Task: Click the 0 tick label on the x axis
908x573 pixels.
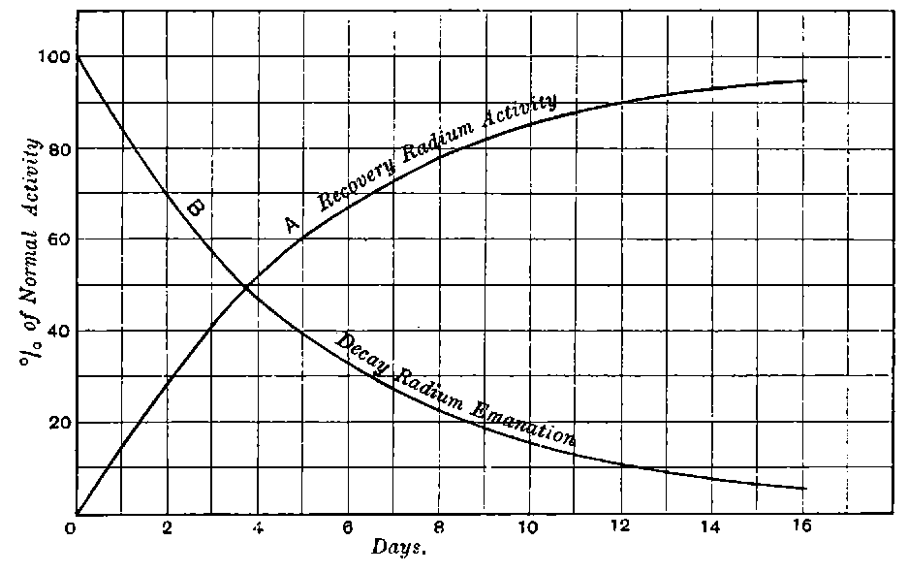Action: pyautogui.click(x=71, y=529)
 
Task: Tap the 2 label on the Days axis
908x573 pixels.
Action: pyautogui.click(x=167, y=529)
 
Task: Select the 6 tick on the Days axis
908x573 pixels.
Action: pyautogui.click(x=347, y=529)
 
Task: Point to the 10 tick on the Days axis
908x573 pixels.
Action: pyautogui.click(x=529, y=529)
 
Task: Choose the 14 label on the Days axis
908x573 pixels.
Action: pyautogui.click(x=711, y=529)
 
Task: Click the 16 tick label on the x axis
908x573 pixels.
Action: pyautogui.click(x=802, y=529)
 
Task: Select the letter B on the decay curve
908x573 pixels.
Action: pyautogui.click(x=196, y=207)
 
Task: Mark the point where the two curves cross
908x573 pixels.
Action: pyautogui.click(x=245, y=287)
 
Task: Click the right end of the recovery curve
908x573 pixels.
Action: pyautogui.click(x=804, y=80)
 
